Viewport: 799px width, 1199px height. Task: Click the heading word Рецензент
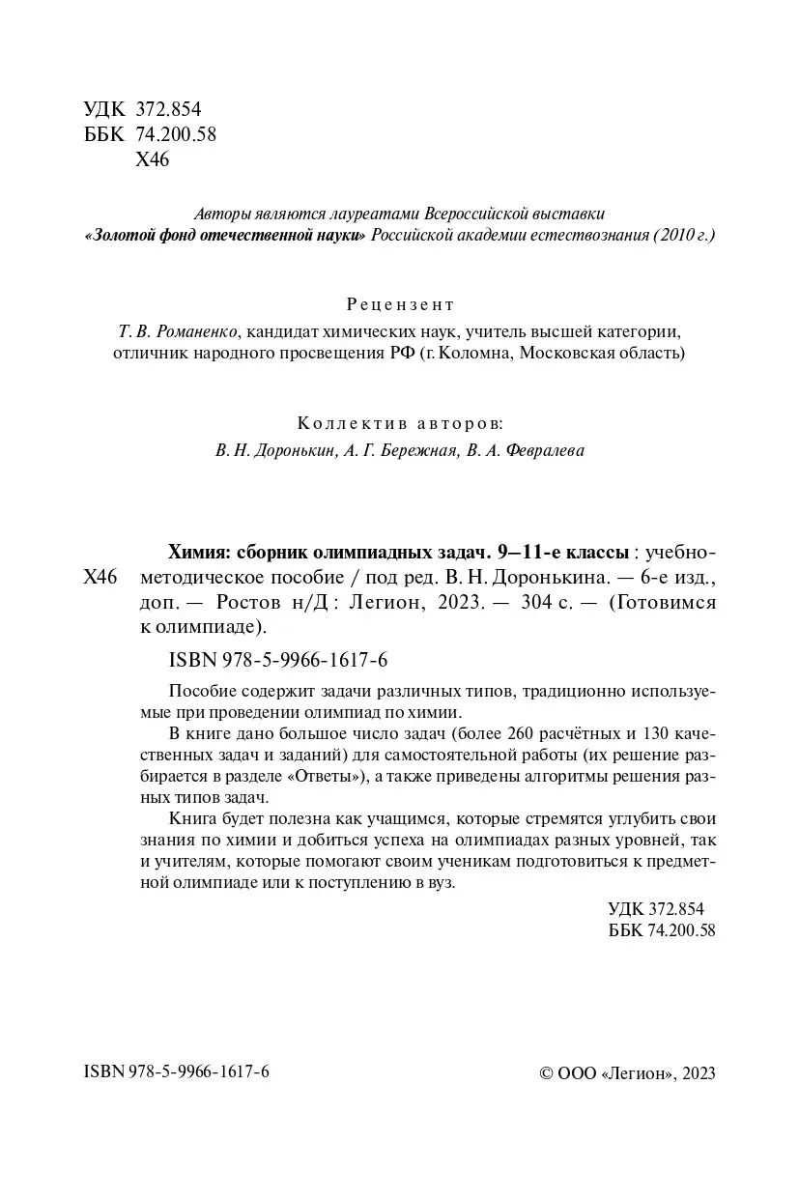(399, 305)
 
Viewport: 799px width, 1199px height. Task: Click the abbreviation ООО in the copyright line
(577, 1074)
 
